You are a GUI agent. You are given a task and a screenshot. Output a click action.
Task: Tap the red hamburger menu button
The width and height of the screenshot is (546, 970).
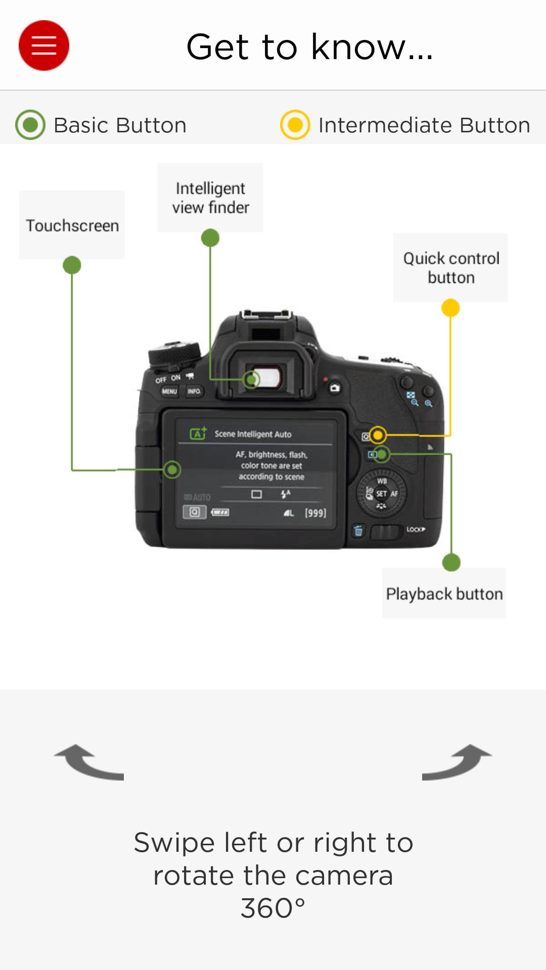coord(44,45)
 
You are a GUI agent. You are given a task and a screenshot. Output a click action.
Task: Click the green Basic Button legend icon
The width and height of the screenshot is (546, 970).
coord(30,125)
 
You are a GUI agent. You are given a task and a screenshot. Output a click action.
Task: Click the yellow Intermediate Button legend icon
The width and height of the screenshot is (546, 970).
coord(295,125)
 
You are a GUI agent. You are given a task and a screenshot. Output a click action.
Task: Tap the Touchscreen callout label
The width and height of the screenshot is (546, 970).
coord(72,225)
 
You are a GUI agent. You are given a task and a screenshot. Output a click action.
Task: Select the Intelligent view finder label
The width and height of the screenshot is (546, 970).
coord(210,198)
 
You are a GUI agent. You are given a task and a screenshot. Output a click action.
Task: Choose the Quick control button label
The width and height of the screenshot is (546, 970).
coord(450,268)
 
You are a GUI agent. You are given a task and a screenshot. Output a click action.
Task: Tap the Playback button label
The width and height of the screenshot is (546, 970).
coord(444,594)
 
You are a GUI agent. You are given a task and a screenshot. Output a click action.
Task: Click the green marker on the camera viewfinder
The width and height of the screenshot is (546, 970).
coord(251,379)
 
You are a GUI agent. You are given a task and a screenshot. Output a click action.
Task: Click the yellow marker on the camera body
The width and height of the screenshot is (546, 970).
coord(377,435)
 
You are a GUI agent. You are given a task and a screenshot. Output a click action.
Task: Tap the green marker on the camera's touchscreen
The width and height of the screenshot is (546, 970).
coord(172,470)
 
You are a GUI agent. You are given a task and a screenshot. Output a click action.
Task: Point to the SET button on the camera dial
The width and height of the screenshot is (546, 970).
coord(381,494)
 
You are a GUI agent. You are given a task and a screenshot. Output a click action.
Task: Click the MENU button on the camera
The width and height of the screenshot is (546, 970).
coord(169,392)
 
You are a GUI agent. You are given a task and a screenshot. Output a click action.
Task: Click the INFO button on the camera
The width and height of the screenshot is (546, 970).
coord(194,392)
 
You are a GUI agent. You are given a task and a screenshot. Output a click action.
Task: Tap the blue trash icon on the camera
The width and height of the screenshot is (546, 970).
coord(358,530)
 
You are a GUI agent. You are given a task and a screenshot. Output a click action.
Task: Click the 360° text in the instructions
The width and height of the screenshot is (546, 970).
coord(273,908)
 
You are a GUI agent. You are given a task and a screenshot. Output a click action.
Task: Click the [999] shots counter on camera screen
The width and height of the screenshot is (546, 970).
coord(315,513)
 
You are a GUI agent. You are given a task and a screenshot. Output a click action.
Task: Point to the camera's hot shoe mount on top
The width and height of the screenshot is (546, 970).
coord(266,316)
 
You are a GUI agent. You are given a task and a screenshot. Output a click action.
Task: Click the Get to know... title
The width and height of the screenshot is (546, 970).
coord(309,47)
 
